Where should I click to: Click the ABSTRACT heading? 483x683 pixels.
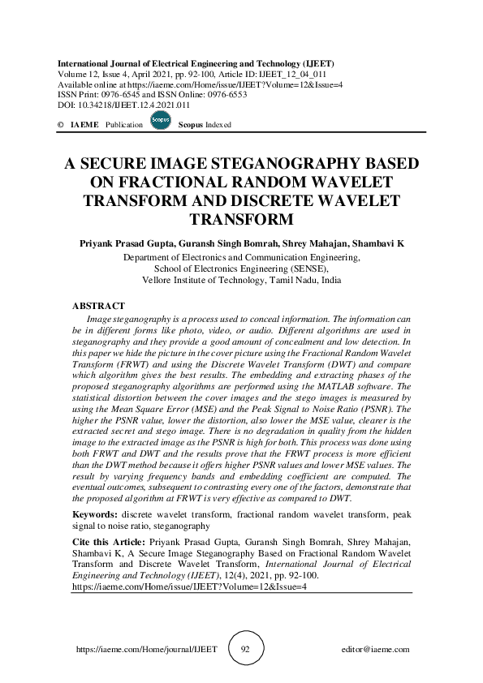tap(98, 306)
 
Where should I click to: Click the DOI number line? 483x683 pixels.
tap(124, 105)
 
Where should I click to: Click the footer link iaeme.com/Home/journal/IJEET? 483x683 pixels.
tap(125, 650)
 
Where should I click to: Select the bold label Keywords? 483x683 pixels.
tap(98, 514)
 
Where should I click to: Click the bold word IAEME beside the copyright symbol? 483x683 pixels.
tap(84, 125)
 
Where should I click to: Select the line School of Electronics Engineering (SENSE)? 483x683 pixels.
tap(241, 268)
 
